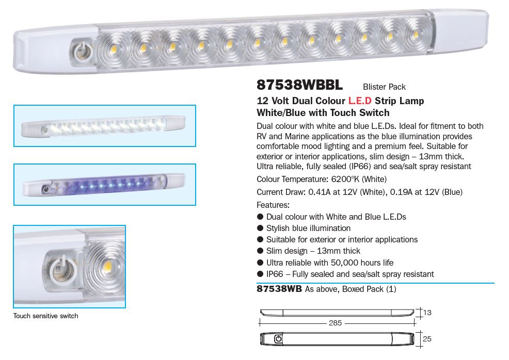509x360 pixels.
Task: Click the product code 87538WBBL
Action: pos(299,85)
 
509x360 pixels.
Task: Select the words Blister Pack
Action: pos(384,87)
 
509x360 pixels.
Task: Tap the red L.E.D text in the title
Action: pos(360,101)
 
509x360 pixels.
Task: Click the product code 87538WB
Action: pos(279,289)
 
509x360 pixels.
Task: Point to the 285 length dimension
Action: pos(335,323)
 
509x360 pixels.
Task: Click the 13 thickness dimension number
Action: pos(427,313)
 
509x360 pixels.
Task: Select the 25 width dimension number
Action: pos(427,338)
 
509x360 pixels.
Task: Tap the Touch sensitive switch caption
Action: pos(46,316)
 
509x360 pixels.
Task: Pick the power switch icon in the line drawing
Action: pos(278,339)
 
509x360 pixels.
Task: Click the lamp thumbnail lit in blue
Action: pos(104,185)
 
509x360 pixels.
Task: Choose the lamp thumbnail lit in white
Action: pos(104,126)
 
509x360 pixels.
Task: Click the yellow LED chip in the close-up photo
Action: pos(106,267)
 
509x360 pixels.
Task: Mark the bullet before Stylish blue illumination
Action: pos(260,228)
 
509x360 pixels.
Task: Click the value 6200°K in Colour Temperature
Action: pos(345,179)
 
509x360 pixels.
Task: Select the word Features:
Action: pos(273,205)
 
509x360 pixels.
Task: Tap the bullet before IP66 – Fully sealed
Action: pos(260,274)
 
